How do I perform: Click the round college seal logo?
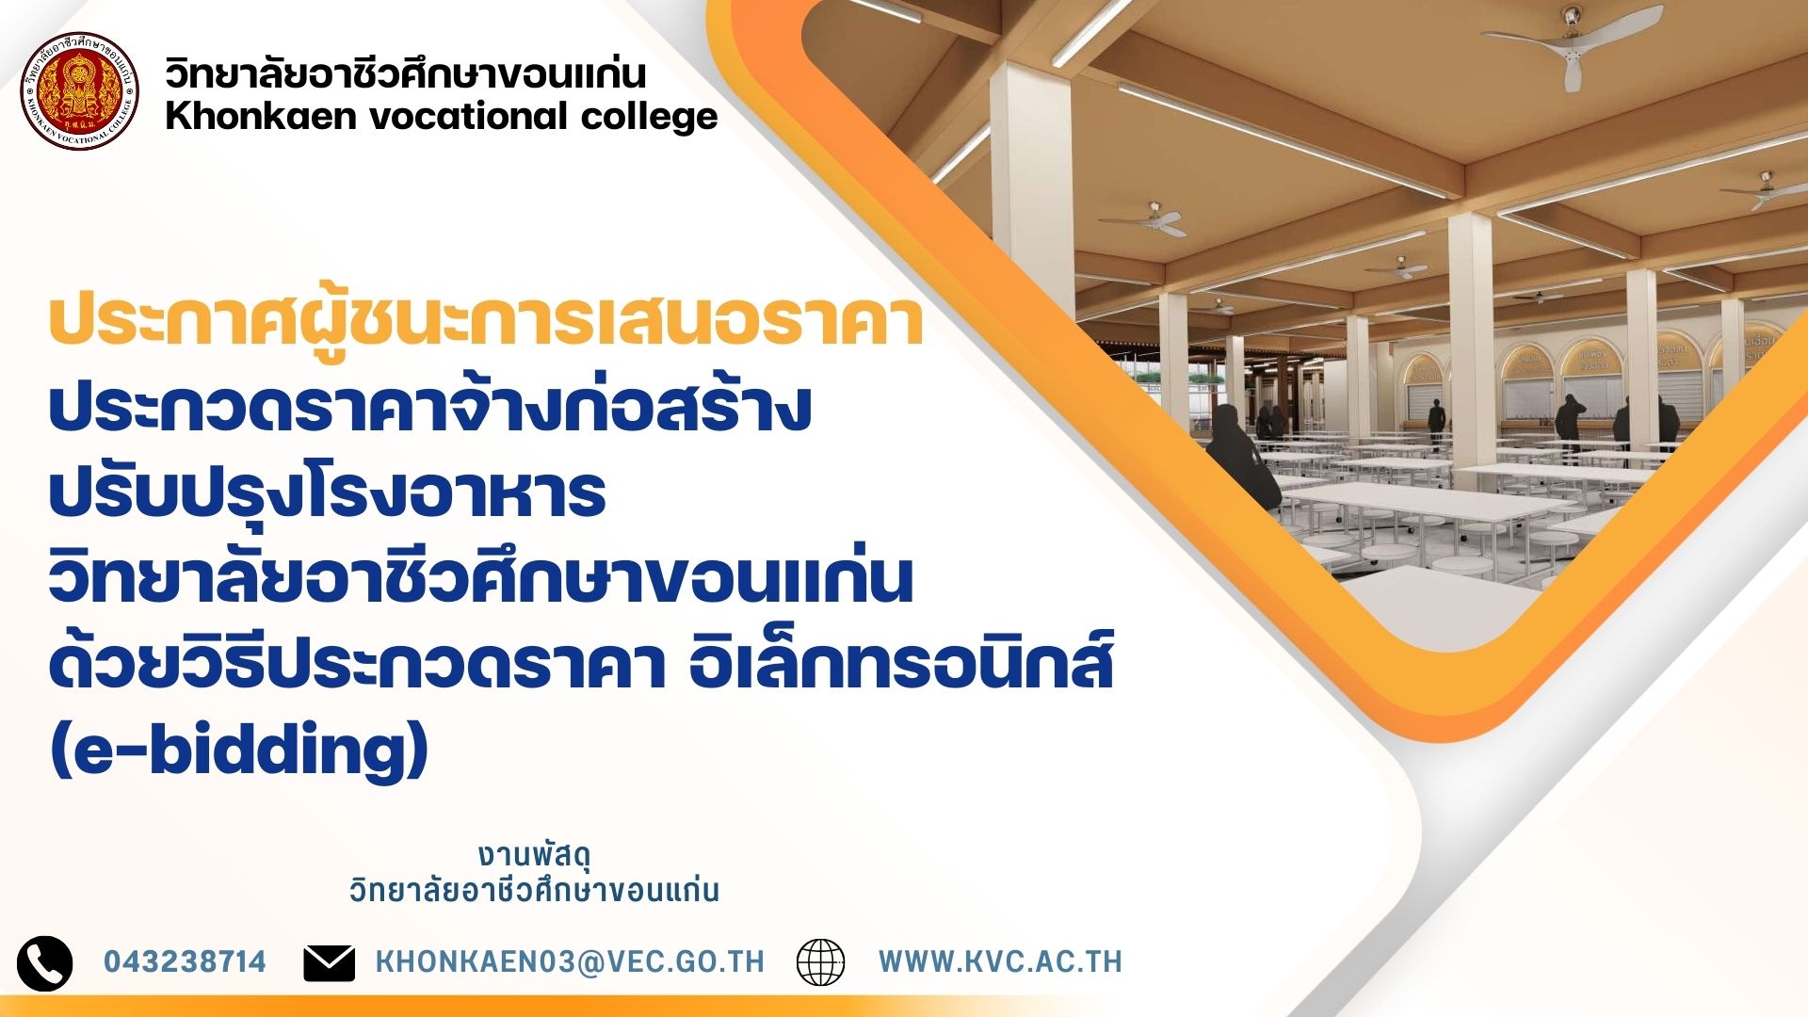[x=80, y=91]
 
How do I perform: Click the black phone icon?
[x=44, y=963]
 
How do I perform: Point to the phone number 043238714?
[x=185, y=961]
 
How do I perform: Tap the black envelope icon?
[x=330, y=963]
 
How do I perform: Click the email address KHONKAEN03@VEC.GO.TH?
[x=570, y=961]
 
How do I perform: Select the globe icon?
[x=821, y=962]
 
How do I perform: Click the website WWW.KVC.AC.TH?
[x=1000, y=961]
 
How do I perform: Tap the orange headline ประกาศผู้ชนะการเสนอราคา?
[x=486, y=320]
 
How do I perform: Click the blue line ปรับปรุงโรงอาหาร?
[x=327, y=493]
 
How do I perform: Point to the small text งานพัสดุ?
[x=534, y=856]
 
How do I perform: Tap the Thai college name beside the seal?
[x=406, y=73]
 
